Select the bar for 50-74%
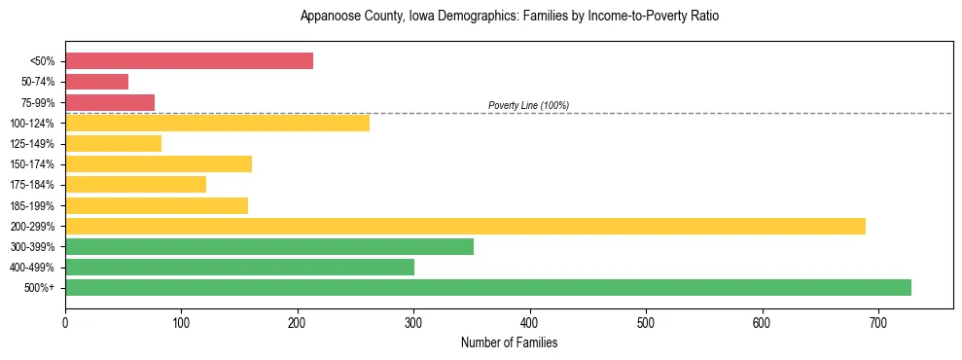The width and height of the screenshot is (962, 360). (96, 82)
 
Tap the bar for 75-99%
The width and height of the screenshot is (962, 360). (110, 102)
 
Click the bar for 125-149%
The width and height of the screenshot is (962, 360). (113, 143)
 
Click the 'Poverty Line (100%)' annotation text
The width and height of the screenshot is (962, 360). (528, 105)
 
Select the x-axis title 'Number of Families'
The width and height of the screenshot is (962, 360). (509, 343)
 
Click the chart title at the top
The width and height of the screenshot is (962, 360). (509, 17)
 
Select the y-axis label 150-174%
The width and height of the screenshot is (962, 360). (32, 164)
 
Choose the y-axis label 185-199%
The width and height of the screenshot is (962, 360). (32, 205)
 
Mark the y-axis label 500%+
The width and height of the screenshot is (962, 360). (40, 288)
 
